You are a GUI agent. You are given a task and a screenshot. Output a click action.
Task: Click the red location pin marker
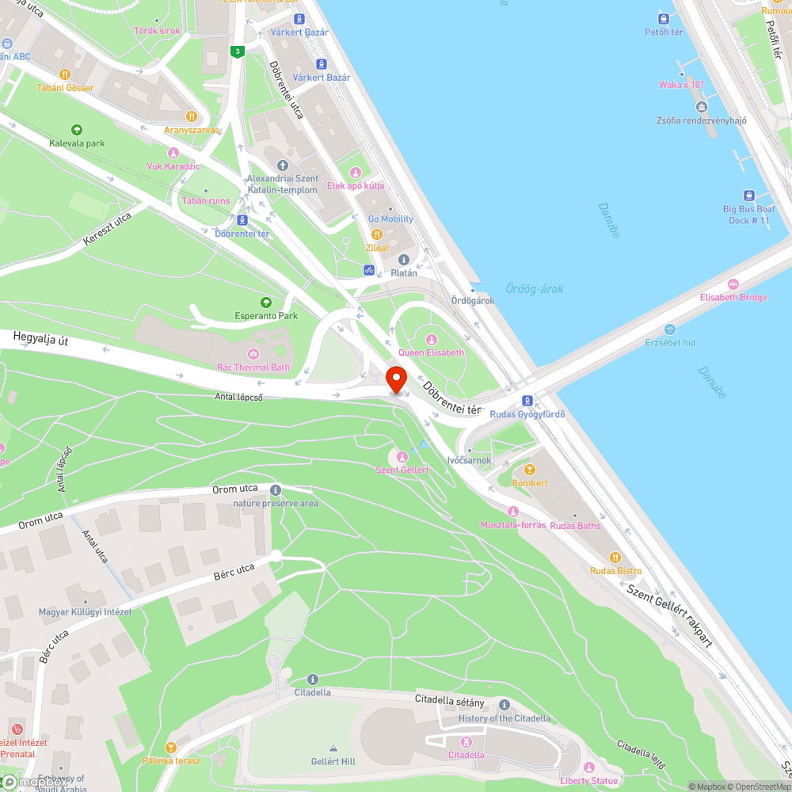pyautogui.click(x=395, y=379)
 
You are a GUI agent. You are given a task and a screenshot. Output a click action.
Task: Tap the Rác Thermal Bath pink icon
pyautogui.click(x=253, y=353)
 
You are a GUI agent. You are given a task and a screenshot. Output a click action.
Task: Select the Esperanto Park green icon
pyautogui.click(x=266, y=302)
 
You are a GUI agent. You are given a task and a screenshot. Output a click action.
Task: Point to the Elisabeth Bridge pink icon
pyautogui.click(x=733, y=284)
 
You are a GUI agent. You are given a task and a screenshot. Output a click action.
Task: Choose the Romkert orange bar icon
pyautogui.click(x=530, y=470)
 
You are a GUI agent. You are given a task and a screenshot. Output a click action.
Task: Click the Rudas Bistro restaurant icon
pyautogui.click(x=615, y=557)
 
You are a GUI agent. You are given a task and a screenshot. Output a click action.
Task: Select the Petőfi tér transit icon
pyautogui.click(x=663, y=18)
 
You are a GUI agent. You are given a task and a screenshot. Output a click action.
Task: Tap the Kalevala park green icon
pyautogui.click(x=77, y=130)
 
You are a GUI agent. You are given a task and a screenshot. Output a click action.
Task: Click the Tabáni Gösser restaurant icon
pyautogui.click(x=65, y=74)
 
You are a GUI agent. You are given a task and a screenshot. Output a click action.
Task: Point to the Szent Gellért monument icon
pyautogui.click(x=402, y=456)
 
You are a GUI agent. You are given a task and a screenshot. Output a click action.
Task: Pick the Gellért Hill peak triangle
pyautogui.click(x=333, y=748)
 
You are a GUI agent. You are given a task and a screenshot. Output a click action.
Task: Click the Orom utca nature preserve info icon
pyautogui.click(x=276, y=490)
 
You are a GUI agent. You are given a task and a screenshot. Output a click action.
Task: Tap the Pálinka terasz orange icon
pyautogui.click(x=170, y=747)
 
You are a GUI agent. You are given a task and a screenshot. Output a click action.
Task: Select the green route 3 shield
pyautogui.click(x=237, y=52)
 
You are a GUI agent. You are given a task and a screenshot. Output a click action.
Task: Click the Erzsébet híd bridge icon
pyautogui.click(x=670, y=329)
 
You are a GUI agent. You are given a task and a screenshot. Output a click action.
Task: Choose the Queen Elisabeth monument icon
pyautogui.click(x=432, y=339)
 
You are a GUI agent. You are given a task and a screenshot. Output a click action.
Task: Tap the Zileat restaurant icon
pyautogui.click(x=377, y=234)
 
